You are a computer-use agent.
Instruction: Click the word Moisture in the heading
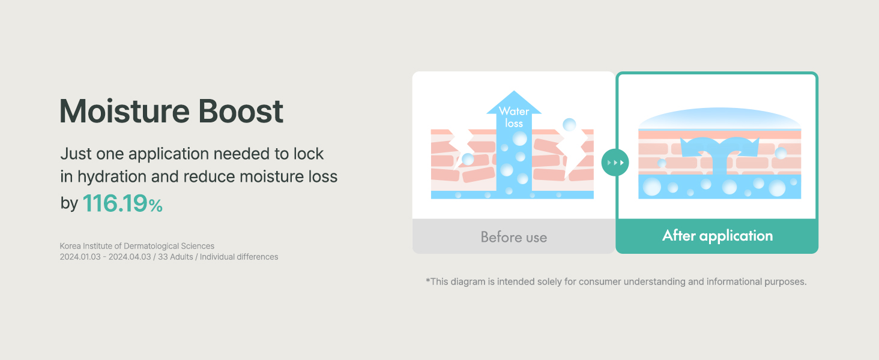(125, 111)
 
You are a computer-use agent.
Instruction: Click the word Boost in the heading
(241, 111)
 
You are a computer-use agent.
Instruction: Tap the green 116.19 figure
(115, 203)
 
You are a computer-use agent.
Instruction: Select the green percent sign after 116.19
(156, 205)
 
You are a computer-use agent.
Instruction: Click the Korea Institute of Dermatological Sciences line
(137, 246)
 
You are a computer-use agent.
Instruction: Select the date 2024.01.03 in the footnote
(80, 257)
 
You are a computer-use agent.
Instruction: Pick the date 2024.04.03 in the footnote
(130, 257)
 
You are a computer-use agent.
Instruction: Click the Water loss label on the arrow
(514, 117)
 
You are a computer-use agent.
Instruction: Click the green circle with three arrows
(615, 163)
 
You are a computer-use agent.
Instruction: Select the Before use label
(514, 237)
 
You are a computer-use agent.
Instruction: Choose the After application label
(717, 236)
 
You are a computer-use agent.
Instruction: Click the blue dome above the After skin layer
(720, 118)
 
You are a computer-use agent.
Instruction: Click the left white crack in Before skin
(462, 147)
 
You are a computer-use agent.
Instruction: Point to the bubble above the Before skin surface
(569, 125)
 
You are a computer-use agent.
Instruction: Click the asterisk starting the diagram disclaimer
(427, 280)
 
